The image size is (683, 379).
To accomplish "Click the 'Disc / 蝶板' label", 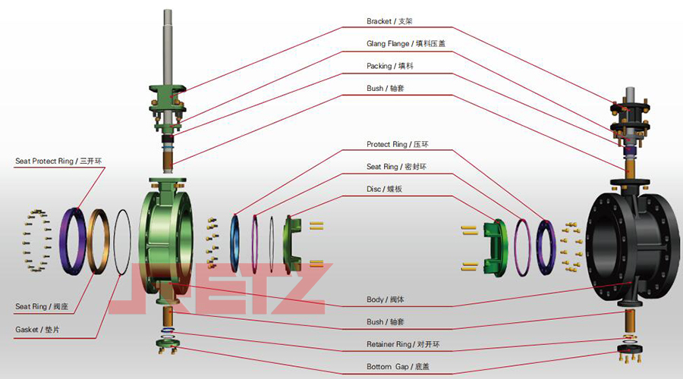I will coord(389,189).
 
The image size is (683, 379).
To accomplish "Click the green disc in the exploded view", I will coord(293,243).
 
